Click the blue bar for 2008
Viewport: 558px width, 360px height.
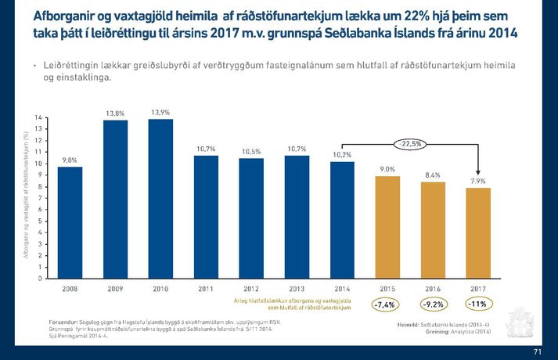pyautogui.click(x=70, y=222)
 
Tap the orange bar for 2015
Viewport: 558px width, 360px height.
pyautogui.click(x=387, y=227)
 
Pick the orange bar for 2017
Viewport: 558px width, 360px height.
pyautogui.click(x=478, y=233)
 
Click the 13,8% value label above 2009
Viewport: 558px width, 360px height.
pyautogui.click(x=116, y=113)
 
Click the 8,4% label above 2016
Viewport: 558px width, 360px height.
pyautogui.click(x=433, y=175)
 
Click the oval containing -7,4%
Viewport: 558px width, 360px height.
pyautogui.click(x=387, y=304)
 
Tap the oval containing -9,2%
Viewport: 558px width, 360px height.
pyautogui.click(x=433, y=304)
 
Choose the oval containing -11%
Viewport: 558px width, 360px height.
pyautogui.click(x=478, y=304)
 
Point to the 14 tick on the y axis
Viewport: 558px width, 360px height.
pyautogui.click(x=39, y=117)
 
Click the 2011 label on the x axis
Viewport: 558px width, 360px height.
pyautogui.click(x=207, y=289)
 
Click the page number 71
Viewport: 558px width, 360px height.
pyautogui.click(x=537, y=351)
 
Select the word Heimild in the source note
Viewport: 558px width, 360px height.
pyautogui.click(x=411, y=324)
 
